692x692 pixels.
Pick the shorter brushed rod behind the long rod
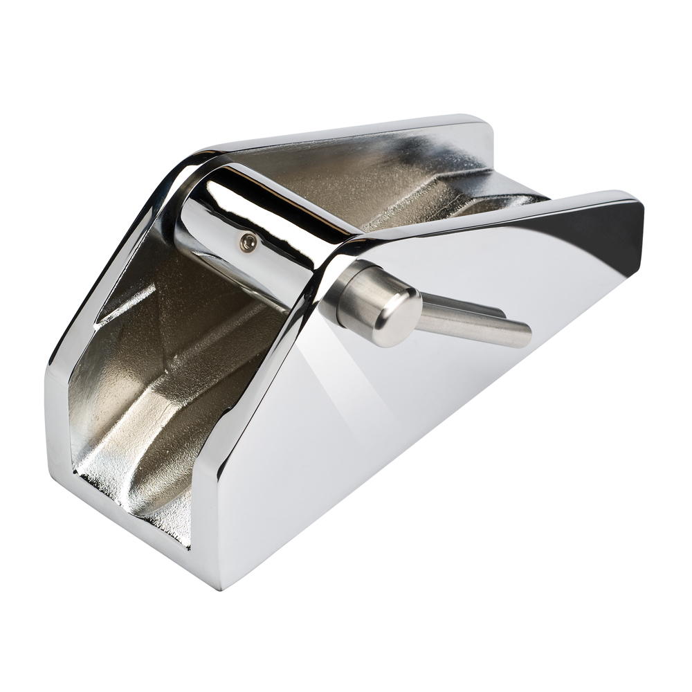pos(477,308)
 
